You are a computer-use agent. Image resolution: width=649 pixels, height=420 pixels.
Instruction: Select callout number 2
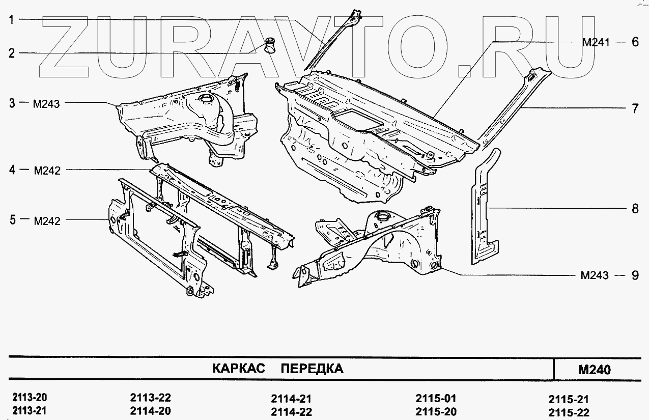tap(11, 53)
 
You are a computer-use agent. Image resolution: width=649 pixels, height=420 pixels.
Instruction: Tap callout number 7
tap(635, 108)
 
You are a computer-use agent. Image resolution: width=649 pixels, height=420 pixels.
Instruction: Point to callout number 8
tap(635, 208)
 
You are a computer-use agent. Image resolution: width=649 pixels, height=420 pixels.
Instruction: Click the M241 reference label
tap(596, 43)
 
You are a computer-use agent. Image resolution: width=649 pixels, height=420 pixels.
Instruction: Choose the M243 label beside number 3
tap(46, 104)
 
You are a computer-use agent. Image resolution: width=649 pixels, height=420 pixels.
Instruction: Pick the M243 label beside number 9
tap(594, 275)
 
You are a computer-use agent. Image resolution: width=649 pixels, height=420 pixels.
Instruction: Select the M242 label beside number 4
tap(46, 171)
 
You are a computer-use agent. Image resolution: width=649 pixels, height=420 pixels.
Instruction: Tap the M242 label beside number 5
tap(46, 221)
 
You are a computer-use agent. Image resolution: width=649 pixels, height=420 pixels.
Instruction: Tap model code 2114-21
tap(291, 399)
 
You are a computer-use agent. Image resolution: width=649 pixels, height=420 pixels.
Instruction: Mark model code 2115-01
tap(436, 398)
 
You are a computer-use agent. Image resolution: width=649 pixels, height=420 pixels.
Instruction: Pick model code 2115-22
tap(569, 412)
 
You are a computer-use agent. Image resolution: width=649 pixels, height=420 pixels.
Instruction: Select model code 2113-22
tap(150, 398)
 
